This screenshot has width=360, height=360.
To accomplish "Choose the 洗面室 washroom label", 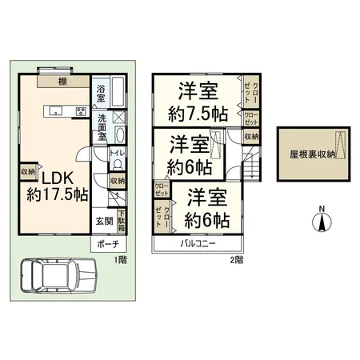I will tap(102, 128).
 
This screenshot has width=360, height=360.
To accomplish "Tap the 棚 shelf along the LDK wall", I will tap(62, 81).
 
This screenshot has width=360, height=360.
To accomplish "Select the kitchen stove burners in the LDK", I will tap(82, 111).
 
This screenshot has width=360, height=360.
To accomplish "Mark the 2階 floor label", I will tap(236, 259).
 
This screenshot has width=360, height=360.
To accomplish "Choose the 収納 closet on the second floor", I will tap(251, 137).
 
